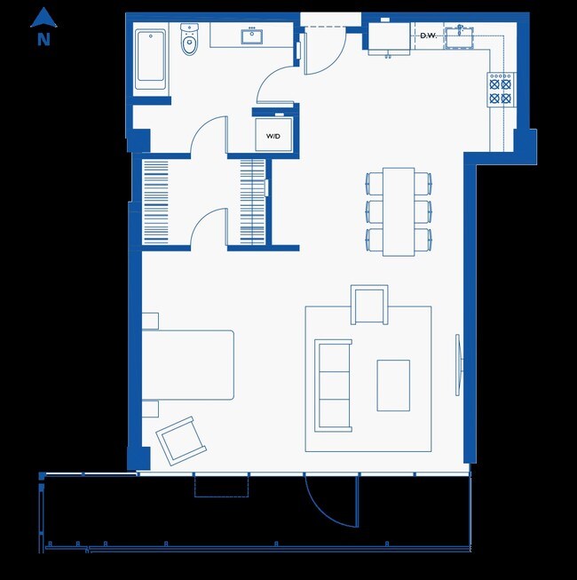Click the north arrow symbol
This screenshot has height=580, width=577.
pos(43,18)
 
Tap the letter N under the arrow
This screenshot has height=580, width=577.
pos(43,39)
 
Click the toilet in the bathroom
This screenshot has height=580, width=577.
pos(189,42)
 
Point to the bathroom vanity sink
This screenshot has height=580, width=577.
pos(250,36)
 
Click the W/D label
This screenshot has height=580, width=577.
pos(273,135)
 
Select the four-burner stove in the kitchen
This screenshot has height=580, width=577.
pos(501,89)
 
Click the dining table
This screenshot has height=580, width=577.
pos(399,211)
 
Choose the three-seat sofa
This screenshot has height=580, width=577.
pos(334,384)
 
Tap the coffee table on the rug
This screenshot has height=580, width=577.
pos(392,385)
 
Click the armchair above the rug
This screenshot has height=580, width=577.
pos(369,305)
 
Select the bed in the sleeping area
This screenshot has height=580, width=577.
pos(187,364)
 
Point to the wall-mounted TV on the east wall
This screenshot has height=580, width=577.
pos(459,364)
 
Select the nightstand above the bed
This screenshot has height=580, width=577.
pos(149,321)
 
